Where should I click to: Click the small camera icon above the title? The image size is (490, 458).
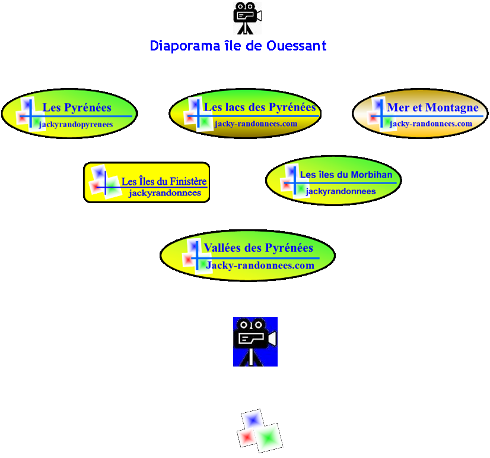(x=247, y=18)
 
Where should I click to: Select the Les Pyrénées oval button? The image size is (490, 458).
(x=69, y=113)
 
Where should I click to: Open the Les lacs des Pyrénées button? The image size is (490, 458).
(x=245, y=113)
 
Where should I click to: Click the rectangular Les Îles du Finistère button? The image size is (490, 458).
(x=147, y=182)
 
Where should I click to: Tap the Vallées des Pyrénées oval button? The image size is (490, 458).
(x=247, y=255)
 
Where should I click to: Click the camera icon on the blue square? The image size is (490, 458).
(x=255, y=341)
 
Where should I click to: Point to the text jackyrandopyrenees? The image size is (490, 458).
(x=76, y=124)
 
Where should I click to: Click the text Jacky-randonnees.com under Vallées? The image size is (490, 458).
(x=260, y=266)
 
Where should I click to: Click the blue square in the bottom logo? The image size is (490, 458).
(x=253, y=419)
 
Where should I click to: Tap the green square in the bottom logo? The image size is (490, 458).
(x=269, y=437)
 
